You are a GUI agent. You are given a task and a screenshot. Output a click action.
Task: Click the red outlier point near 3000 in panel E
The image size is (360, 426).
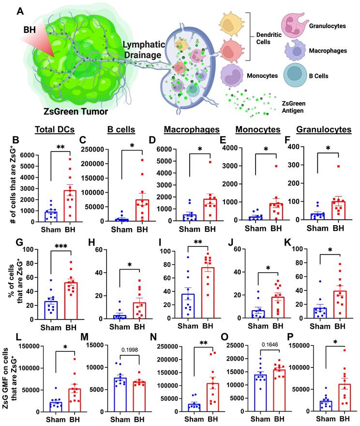276,166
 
